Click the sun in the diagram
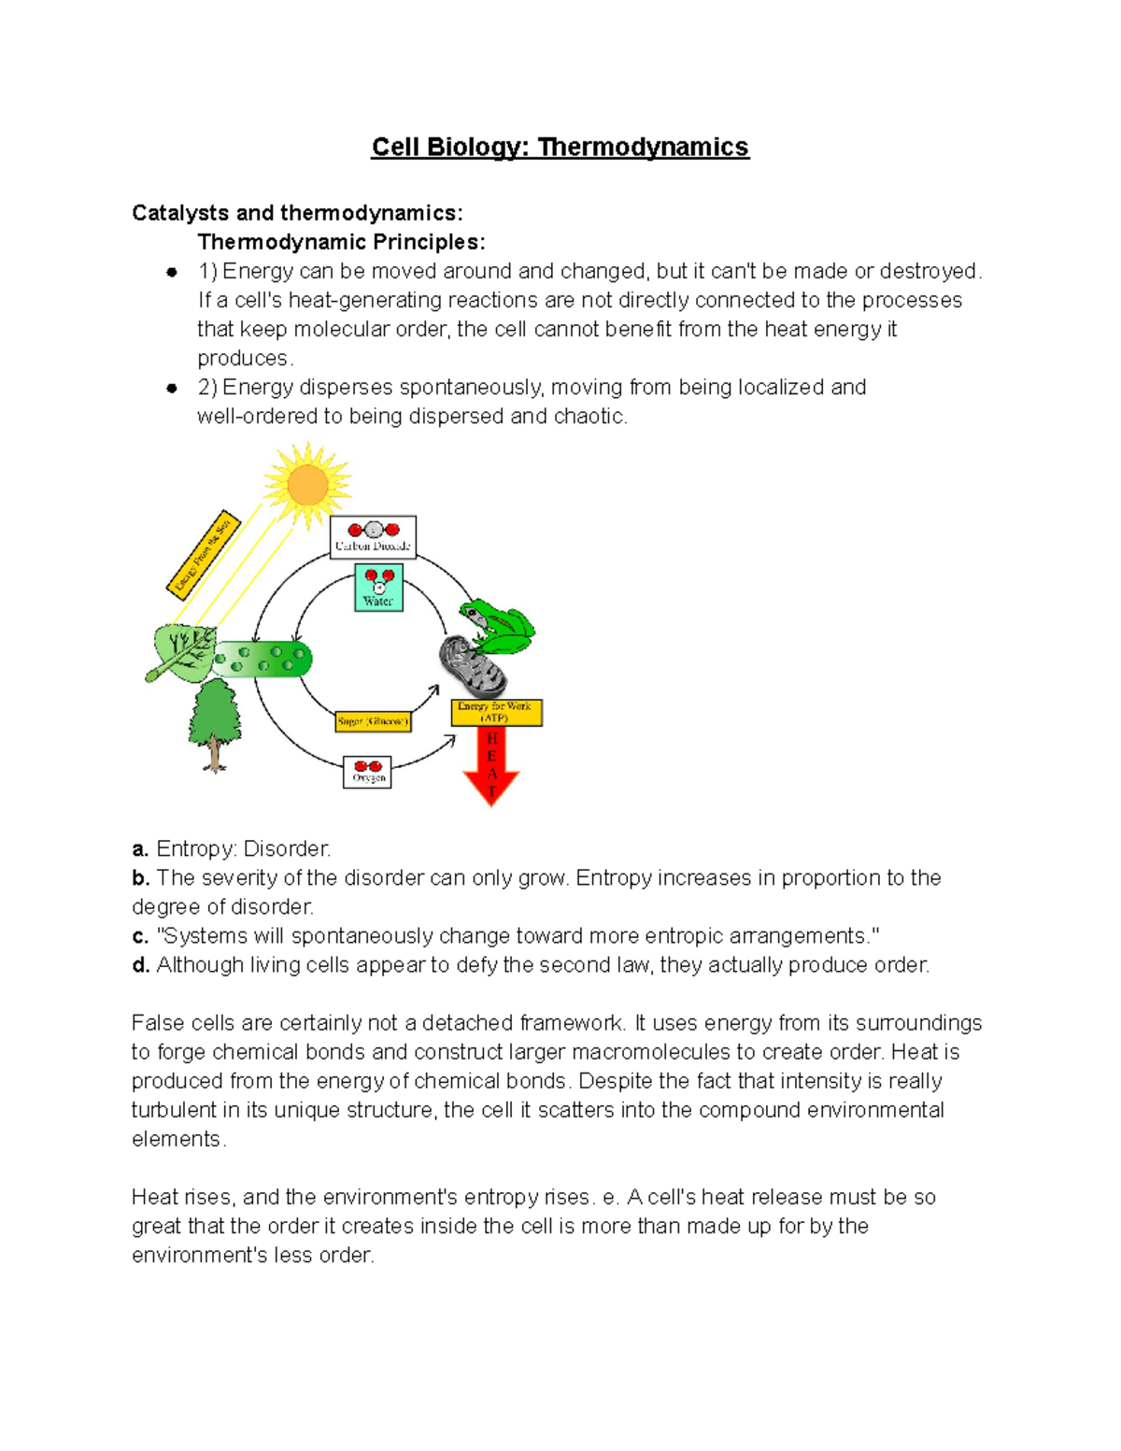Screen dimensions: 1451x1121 307,485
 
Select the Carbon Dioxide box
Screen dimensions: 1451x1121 373,537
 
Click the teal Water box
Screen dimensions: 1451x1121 378,588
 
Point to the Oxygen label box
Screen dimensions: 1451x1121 368,772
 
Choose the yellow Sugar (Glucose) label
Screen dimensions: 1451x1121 373,721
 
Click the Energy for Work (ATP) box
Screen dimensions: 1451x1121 496,713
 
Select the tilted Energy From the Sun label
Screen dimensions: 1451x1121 204,554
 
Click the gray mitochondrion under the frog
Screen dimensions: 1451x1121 471,665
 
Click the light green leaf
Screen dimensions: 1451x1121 184,651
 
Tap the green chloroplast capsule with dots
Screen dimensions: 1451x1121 263,659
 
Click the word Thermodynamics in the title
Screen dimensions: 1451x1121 643,148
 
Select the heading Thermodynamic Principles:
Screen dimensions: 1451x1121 341,242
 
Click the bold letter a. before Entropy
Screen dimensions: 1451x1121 140,849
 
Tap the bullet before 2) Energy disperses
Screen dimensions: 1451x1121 172,388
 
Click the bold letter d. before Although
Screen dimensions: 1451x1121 140,965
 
